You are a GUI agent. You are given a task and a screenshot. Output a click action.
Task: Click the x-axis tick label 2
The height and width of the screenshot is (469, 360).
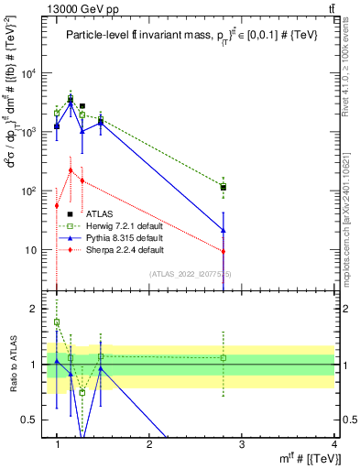click(x=149, y=445)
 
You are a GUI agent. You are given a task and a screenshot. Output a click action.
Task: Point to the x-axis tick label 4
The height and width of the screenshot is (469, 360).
click(x=333, y=445)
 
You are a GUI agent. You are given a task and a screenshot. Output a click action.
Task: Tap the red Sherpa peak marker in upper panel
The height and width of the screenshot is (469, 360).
click(x=71, y=169)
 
